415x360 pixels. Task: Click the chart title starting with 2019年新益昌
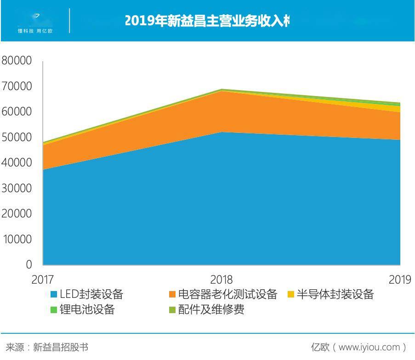coord(207,21)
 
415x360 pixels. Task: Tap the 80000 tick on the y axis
coord(17,61)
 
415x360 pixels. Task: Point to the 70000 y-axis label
coord(17,86)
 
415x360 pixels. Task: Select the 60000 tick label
coord(17,112)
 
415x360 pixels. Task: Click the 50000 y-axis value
coord(17,137)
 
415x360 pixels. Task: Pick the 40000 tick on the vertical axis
coord(17,163)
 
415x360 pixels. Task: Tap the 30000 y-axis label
coord(17,189)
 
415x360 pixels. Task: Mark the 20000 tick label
coord(17,214)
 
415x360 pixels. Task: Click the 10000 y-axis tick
coord(17,240)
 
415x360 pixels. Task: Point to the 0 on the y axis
coord(28,265)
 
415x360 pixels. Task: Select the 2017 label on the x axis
coord(42,280)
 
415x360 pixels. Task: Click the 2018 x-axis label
coord(222,280)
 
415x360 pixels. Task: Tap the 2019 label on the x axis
coord(400,280)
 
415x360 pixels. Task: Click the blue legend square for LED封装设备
coord(53,295)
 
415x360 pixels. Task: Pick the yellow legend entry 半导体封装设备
coord(331,295)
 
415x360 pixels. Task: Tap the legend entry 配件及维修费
coord(207,309)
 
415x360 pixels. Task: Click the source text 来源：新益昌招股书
coord(46,347)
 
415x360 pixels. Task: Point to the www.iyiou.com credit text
coord(359,347)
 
